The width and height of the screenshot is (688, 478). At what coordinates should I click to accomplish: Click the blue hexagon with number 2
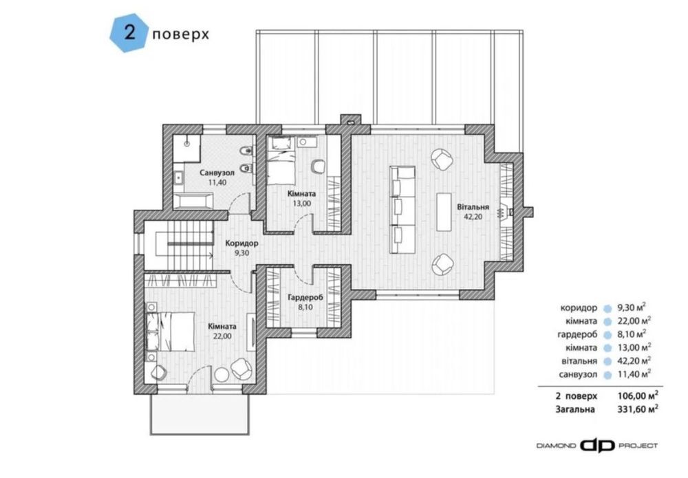coord(128,34)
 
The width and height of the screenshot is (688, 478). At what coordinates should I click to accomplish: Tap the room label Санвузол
coord(217,173)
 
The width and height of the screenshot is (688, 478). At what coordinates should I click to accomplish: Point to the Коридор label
coord(241,243)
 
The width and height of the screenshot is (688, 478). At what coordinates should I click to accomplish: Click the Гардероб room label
coord(305,298)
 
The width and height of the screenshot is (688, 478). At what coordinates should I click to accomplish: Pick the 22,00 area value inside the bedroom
coord(222,336)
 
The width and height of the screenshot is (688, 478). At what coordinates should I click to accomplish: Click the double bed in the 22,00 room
coord(170,331)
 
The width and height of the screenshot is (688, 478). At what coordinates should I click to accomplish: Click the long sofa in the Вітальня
coord(402,210)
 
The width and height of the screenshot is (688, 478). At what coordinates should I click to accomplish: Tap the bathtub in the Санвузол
coord(193,202)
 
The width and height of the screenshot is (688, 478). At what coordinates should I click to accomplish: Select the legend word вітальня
coord(579,361)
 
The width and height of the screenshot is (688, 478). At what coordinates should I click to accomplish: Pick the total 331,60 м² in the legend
coord(638,409)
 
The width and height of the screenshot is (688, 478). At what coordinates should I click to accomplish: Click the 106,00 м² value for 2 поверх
coord(638,395)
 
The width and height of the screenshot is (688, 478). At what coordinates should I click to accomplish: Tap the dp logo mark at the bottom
coord(597,446)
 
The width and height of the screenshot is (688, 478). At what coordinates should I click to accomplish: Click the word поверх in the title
coord(180,34)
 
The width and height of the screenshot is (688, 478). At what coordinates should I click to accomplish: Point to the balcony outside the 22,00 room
coord(200,415)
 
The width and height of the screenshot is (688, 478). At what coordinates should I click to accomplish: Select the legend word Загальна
coord(575,409)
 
